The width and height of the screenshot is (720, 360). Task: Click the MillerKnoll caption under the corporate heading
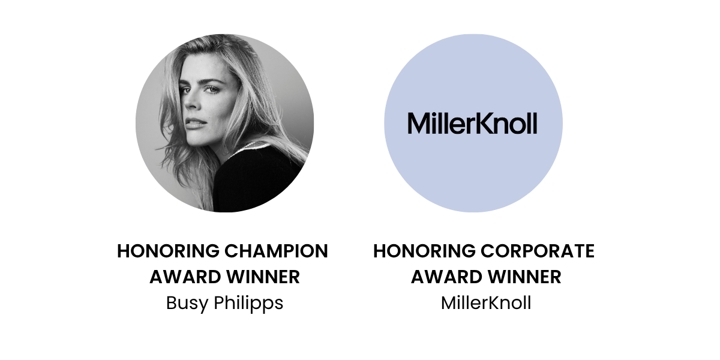pyautogui.click(x=486, y=303)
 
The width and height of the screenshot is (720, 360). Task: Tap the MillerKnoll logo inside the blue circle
pyautogui.click(x=472, y=123)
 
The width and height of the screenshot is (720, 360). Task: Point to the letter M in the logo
pyautogui.click(x=418, y=124)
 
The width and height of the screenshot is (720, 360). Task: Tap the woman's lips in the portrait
pyautogui.click(x=192, y=122)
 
